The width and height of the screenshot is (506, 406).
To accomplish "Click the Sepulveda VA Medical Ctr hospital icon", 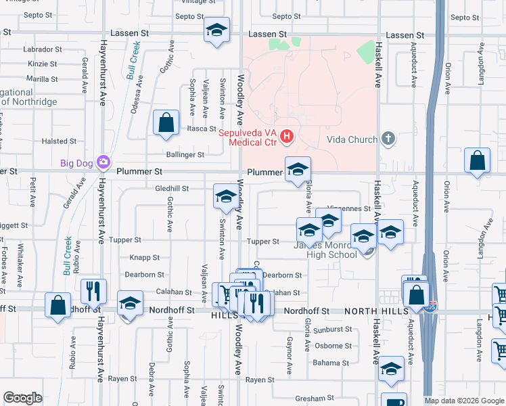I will pos(287,137).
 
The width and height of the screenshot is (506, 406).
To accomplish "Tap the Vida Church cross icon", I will pos(388,139).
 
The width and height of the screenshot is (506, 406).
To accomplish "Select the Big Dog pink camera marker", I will pos(103,162).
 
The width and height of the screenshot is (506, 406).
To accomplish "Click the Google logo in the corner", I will pos(22,398).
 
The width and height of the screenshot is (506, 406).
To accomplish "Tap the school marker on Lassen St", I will pos(217,31).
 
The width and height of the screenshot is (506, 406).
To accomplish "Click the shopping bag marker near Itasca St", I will pos(166,123).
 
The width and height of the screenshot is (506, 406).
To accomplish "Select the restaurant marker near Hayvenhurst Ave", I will pos(93,291).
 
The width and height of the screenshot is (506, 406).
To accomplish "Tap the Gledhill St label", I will pos(172,188).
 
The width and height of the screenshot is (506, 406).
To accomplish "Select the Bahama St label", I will pos(331,363).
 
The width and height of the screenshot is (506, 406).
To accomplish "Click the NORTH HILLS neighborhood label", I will pos(372,311).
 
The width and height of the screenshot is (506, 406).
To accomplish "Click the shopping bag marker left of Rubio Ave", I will pos(57,304).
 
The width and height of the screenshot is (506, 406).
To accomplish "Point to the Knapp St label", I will pos(144,258).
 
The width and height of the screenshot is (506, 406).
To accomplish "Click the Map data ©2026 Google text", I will pos(464,401).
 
